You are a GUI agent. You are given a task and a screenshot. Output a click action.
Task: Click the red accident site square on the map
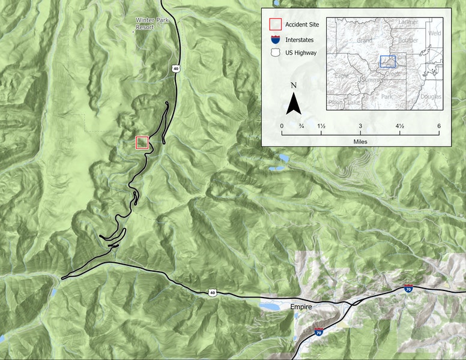[142, 142]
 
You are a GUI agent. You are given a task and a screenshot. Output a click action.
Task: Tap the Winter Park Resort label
[144, 23]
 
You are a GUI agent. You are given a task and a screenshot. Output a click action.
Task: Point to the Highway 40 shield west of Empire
[213, 292]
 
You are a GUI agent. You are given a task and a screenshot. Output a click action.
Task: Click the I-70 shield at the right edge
[408, 289]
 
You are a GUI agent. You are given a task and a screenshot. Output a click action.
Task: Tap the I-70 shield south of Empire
[318, 331]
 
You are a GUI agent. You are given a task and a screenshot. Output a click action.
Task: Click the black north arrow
[294, 104]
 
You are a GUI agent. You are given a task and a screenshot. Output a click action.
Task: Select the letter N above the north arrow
[294, 85]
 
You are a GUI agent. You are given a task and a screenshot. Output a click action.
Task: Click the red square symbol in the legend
[275, 25]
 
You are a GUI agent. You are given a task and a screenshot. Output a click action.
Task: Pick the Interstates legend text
[299, 40]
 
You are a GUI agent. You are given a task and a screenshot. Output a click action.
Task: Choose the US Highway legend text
[301, 53]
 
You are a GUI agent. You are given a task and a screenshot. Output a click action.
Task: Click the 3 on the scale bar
[360, 125]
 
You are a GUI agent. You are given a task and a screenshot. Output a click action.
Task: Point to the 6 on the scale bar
[439, 125]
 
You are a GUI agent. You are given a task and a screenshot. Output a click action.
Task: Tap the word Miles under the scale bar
[360, 142]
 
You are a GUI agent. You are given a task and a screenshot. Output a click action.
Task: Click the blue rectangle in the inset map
[388, 61]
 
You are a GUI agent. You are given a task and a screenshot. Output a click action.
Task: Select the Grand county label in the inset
[365, 41]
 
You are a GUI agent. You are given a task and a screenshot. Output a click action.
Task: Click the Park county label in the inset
[387, 96]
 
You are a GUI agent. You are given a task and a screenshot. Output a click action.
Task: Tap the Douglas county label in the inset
[431, 96]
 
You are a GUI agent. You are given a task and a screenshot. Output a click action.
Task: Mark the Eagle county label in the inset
[341, 76]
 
